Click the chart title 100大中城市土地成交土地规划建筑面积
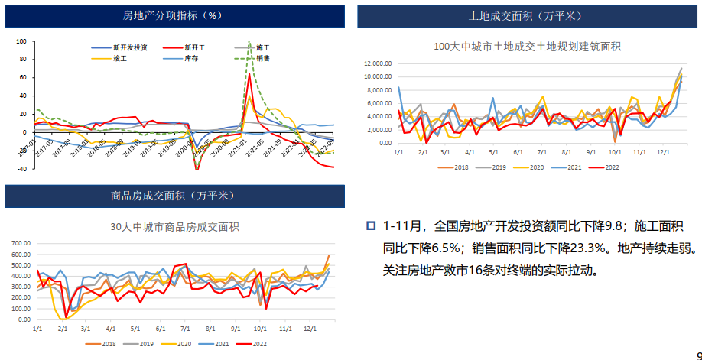click(x=527, y=47)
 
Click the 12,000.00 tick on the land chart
click(x=378, y=63)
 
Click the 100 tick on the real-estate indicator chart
click(x=21, y=42)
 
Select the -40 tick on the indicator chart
click(x=21, y=168)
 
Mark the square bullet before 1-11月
click(x=371, y=225)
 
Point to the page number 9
click(x=698, y=355)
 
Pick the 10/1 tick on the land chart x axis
click(x=613, y=153)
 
